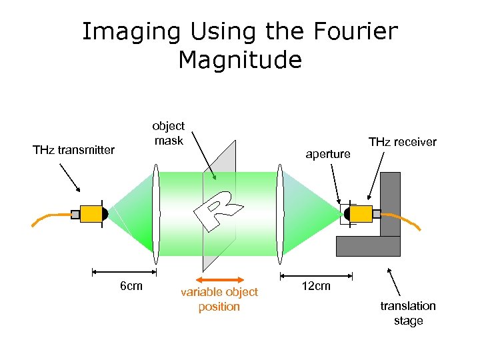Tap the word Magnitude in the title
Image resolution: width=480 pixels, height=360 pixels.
coord(240,60)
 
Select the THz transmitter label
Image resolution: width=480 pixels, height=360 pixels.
coord(73,150)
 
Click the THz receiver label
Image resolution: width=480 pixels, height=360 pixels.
coord(403,142)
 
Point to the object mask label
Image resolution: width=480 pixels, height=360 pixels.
coord(169,133)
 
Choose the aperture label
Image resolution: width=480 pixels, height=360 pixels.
coord(327,154)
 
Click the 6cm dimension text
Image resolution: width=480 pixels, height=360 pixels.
coord(130,287)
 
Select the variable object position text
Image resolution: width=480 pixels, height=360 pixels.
coord(219,299)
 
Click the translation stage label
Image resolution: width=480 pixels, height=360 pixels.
coord(408,313)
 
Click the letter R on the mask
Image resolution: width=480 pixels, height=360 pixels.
coord(219,209)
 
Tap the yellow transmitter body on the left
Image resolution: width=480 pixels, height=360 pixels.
coord(90,214)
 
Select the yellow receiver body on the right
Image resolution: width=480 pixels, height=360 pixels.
coord(361,214)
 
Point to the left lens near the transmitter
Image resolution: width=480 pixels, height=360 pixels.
coord(156,214)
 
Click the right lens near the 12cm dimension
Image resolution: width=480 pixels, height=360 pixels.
coord(281,214)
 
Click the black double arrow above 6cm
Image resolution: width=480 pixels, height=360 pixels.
coord(124,272)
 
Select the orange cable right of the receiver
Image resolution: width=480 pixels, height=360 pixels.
coord(403,219)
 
